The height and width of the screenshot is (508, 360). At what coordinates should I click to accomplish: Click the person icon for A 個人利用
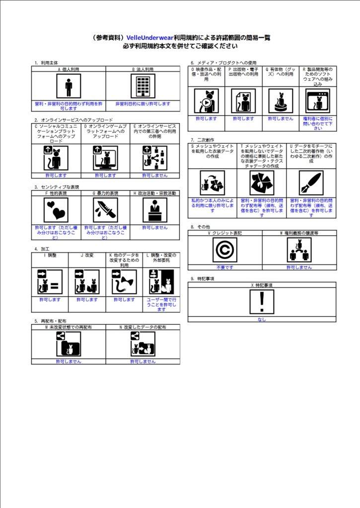[69, 86]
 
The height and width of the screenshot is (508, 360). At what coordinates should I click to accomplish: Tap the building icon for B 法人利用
[143, 86]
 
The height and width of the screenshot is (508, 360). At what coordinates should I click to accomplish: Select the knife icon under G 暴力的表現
[105, 210]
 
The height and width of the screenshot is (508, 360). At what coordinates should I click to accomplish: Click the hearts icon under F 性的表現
[56, 210]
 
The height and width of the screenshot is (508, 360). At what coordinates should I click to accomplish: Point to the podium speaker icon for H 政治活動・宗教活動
[155, 210]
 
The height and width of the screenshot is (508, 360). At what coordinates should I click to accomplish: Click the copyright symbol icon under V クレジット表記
[225, 250]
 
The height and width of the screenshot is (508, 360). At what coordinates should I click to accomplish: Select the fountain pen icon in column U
[311, 183]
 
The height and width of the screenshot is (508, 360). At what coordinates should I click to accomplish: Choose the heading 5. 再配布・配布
[50, 321]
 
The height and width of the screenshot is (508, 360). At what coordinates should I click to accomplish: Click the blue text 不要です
[225, 267]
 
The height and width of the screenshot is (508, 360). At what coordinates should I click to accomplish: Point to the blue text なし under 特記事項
[262, 319]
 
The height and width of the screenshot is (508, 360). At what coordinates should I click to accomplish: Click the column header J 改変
[87, 255]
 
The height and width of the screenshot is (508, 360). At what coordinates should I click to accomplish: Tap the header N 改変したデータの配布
[143, 327]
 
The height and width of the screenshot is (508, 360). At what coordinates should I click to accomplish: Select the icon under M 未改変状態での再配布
[69, 344]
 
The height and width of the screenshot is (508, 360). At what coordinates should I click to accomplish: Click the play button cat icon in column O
[206, 101]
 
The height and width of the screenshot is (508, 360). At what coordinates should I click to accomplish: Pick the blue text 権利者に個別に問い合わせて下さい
[318, 124]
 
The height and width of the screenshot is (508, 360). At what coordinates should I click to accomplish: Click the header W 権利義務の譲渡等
[299, 233]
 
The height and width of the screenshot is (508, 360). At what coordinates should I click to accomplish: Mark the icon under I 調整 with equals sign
[50, 282]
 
